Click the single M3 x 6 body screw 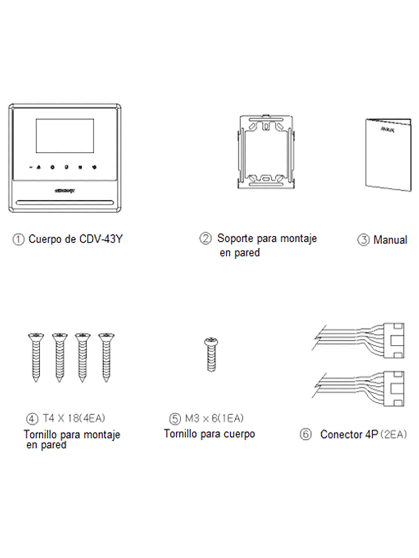pos(210,354)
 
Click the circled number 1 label pos(20,239)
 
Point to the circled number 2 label pos(206,239)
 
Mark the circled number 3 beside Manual pos(363,240)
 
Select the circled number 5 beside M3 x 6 pos(175,418)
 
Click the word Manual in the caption pos(390,240)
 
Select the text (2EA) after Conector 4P pos(394,435)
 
